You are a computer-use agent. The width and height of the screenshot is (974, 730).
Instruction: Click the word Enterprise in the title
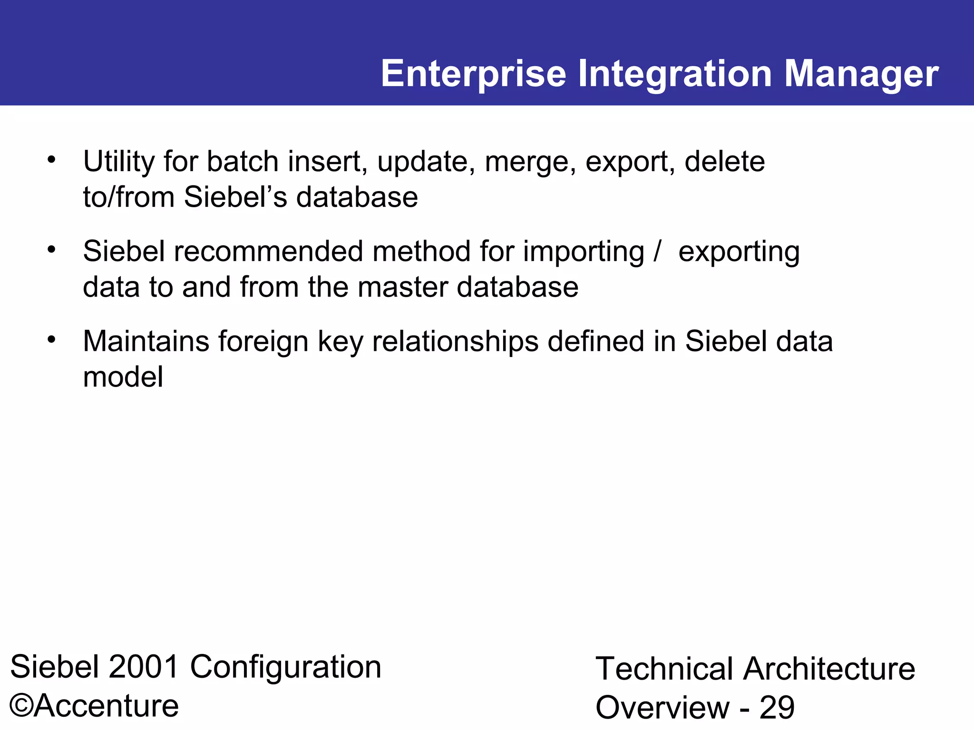pos(473,74)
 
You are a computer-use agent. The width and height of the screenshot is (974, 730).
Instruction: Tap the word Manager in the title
pos(861,74)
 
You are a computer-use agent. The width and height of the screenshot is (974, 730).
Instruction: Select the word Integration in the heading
pos(675,74)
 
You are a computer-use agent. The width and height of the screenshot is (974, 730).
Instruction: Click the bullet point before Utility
pos(51,160)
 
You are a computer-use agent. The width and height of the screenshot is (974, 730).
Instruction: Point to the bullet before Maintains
pos(51,339)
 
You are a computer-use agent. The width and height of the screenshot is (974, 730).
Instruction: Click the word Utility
pos(118,162)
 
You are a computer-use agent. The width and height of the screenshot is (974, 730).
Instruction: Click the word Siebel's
pos(235,197)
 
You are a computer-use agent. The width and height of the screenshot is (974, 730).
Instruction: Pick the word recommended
pos(268,251)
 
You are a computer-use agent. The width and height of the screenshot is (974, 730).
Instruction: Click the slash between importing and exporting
pos(657,251)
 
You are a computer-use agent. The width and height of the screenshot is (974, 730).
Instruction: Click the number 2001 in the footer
pos(144,667)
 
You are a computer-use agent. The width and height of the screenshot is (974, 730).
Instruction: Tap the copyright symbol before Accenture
pos(21,706)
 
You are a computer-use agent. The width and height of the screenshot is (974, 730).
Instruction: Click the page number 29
pos(777,708)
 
